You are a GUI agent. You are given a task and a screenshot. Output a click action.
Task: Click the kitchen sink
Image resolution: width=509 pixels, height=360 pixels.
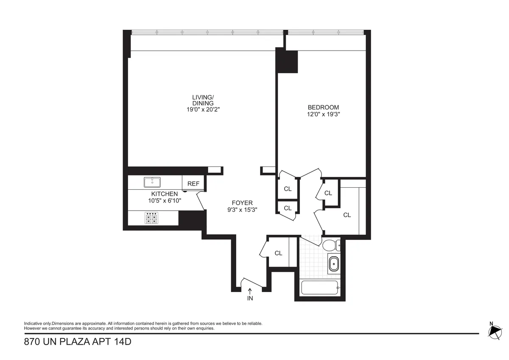[152, 182]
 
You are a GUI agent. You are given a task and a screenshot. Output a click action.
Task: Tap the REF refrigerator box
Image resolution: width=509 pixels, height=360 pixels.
[193, 184]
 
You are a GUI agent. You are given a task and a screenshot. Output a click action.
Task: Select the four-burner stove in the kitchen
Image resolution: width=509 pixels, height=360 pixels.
[152, 218]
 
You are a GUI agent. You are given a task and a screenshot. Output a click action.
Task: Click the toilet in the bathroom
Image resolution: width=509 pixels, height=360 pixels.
[330, 245]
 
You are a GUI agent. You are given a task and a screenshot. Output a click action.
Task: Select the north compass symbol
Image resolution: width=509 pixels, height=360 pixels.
[494, 331]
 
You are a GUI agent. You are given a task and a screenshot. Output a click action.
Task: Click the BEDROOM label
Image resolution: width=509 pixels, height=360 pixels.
[323, 107]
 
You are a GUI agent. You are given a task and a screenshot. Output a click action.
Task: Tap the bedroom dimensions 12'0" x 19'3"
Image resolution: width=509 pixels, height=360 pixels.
[323, 114]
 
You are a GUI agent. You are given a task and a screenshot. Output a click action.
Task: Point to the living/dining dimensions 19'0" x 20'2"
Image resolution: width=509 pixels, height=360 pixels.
[203, 109]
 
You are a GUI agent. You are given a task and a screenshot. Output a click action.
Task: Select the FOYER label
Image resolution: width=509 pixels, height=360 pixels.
[242, 203]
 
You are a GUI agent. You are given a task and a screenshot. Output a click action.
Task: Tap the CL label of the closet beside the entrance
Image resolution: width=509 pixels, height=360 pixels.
[278, 253]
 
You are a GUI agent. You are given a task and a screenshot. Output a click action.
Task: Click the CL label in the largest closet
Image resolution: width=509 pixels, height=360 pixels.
[347, 215]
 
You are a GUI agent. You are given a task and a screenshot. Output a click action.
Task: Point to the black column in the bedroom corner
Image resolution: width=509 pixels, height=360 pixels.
[288, 62]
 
